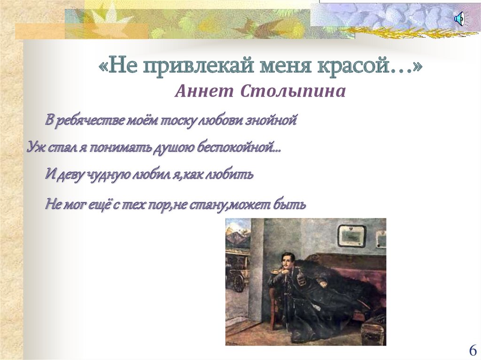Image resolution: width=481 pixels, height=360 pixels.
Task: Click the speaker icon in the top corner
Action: (459, 19)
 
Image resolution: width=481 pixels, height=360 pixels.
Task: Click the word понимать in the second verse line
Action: (116, 147)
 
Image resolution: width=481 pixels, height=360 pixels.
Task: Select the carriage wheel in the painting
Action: (239, 282)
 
